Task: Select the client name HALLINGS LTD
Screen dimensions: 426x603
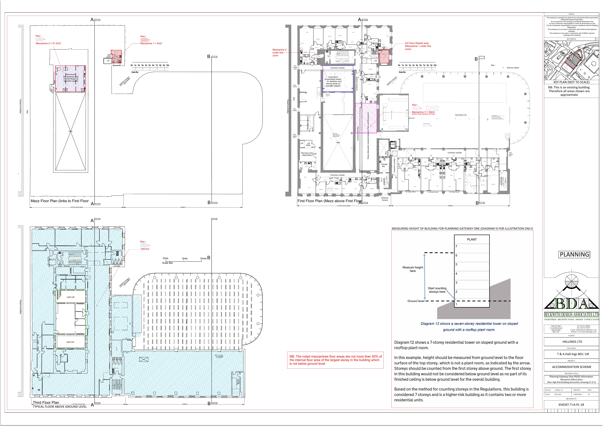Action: click(x=572, y=342)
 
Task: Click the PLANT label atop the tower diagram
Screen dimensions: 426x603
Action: click(x=472, y=239)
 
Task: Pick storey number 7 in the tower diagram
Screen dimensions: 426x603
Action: click(x=456, y=246)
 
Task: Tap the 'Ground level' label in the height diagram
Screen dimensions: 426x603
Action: click(x=416, y=301)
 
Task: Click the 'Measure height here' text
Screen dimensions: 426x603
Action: click(x=413, y=269)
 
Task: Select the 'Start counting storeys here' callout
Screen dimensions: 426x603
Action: click(x=437, y=290)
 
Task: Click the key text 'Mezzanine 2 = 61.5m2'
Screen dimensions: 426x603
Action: click(x=48, y=43)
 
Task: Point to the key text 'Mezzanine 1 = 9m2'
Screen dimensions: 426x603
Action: click(x=151, y=43)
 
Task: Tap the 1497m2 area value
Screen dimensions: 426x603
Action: click(x=145, y=249)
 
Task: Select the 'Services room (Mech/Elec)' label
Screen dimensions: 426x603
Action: click(x=307, y=154)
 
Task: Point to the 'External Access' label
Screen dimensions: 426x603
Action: click(x=385, y=199)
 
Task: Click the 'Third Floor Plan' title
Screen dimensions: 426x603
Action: click(x=46, y=402)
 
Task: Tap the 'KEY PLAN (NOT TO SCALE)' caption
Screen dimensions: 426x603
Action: click(x=571, y=82)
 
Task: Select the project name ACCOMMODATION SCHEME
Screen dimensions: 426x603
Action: click(x=571, y=367)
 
